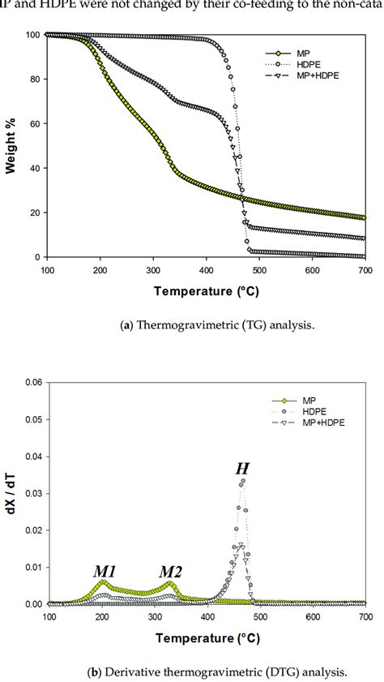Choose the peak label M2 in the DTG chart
(169, 570)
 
